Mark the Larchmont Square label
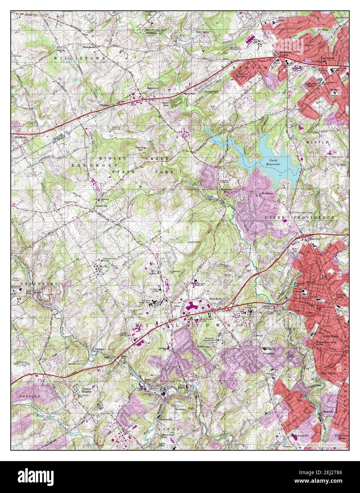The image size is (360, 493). coord(311,85)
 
